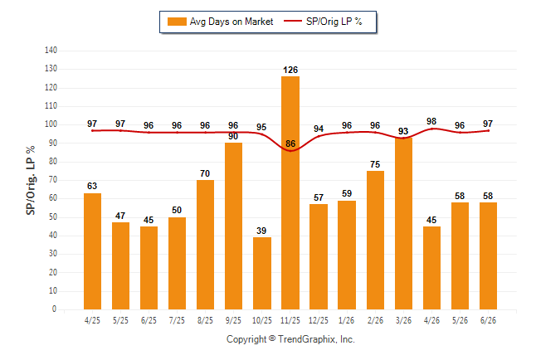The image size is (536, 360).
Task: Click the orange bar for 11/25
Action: pyautogui.click(x=290, y=192)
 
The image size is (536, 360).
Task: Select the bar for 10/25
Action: pyautogui.click(x=262, y=273)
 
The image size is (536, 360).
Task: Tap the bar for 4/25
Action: pyautogui.click(x=92, y=251)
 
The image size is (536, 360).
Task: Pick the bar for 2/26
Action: pyautogui.click(x=375, y=240)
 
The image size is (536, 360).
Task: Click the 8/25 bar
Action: pyautogui.click(x=205, y=245)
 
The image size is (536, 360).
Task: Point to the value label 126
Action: pyautogui.click(x=290, y=70)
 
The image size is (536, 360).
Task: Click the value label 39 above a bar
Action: pyautogui.click(x=261, y=231)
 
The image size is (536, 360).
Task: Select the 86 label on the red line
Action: pyautogui.click(x=290, y=144)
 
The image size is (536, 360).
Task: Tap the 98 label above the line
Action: pyautogui.click(x=431, y=121)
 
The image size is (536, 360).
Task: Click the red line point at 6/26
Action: pyautogui.click(x=488, y=130)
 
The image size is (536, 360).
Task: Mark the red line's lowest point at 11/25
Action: pyautogui.click(x=290, y=151)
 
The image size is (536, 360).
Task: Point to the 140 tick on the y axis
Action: pyautogui.click(x=51, y=51)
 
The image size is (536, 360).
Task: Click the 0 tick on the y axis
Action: pyautogui.click(x=54, y=309)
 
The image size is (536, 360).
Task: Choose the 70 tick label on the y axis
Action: pyautogui.click(x=52, y=180)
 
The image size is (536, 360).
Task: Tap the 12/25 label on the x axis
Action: pyautogui.click(x=319, y=320)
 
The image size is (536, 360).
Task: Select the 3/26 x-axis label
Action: pyautogui.click(x=403, y=320)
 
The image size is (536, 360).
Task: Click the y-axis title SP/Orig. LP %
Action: pyautogui.click(x=31, y=181)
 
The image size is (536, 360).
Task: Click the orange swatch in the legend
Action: pyautogui.click(x=177, y=22)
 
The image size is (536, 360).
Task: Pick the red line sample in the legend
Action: pyautogui.click(x=293, y=21)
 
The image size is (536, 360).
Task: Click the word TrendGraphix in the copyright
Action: pyautogui.click(x=307, y=339)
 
